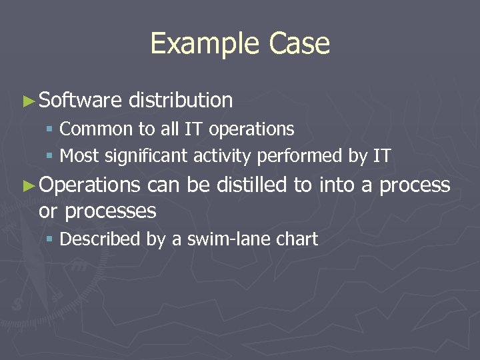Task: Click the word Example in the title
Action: click(206, 44)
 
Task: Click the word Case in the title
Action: click(299, 44)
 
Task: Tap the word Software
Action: click(80, 101)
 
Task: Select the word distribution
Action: click(181, 101)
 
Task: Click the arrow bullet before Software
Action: click(27, 101)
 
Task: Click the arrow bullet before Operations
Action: click(27, 185)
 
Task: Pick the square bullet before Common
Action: click(50, 129)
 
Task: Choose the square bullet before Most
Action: click(50, 157)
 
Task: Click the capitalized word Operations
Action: click(89, 185)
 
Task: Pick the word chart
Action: click(296, 239)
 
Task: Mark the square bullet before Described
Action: click(50, 239)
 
